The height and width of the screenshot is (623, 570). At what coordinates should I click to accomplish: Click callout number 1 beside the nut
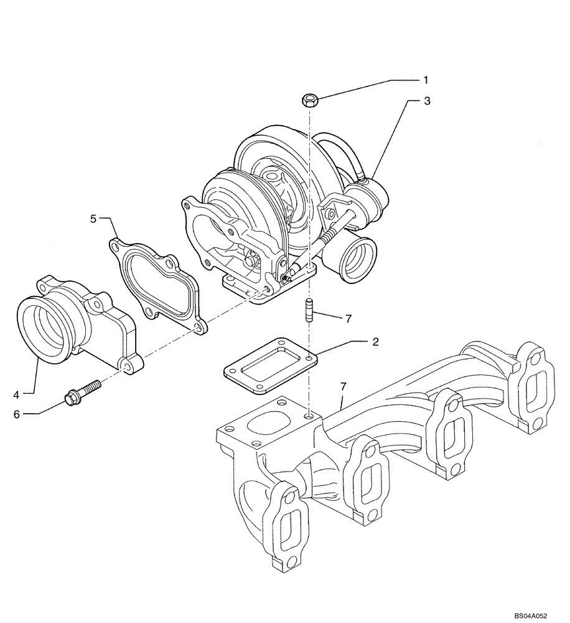[x=426, y=80]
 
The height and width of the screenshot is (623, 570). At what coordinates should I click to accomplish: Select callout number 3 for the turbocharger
[x=426, y=100]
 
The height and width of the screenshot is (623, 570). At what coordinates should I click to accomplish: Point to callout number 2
[x=375, y=341]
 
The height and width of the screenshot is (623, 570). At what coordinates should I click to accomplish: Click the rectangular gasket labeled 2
[x=269, y=367]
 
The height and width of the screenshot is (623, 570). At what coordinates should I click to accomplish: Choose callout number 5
[x=93, y=219]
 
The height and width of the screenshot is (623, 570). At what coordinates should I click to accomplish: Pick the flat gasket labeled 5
[x=156, y=280]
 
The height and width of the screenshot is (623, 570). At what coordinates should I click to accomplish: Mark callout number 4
[x=17, y=394]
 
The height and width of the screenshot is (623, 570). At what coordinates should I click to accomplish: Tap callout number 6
[x=17, y=413]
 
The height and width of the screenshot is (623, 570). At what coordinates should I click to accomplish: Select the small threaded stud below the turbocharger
[x=309, y=311]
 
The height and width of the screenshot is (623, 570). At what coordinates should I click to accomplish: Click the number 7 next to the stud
[x=348, y=318]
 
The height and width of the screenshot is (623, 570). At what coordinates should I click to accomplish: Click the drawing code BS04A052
[x=530, y=615]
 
